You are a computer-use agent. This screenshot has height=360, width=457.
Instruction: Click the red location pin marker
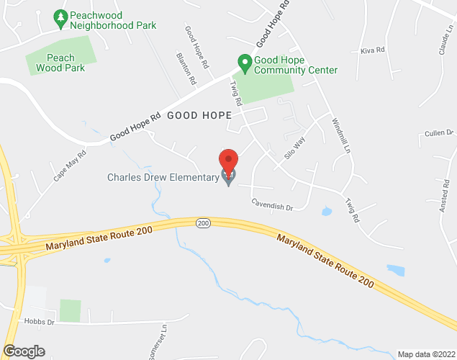[228, 161]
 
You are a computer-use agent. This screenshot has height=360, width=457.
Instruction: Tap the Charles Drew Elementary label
[163, 177]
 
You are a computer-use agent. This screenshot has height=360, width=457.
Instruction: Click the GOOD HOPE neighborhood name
[199, 115]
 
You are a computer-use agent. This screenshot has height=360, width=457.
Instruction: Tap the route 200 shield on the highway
[203, 224]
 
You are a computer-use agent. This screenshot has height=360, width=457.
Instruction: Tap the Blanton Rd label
[186, 68]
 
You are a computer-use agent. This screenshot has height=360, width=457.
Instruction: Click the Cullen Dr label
[438, 132]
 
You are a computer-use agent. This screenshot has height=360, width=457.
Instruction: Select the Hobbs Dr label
[39, 323]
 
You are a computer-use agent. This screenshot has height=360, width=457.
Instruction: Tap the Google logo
[23, 351]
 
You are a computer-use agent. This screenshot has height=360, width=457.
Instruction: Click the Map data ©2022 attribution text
[425, 354]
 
